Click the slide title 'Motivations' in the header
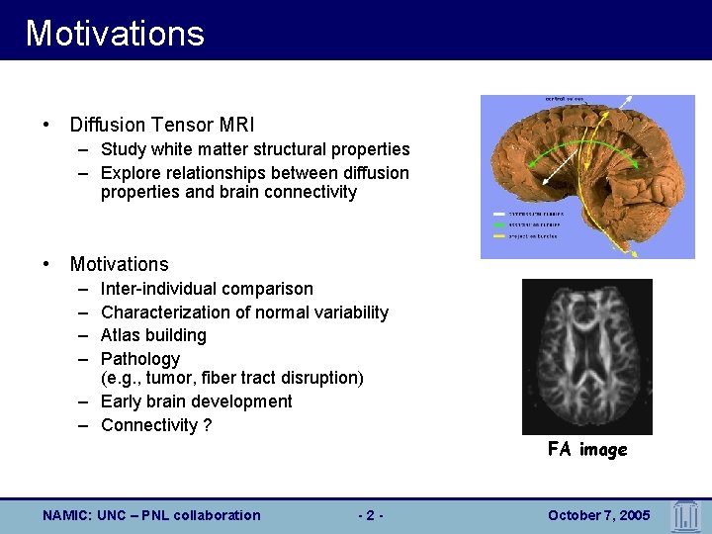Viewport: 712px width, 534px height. pos(115,33)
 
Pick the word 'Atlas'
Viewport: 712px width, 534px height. pos(122,335)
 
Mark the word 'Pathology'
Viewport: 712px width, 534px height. pos(140,359)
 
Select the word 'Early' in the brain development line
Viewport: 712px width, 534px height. pos(122,401)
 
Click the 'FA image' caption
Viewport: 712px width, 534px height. pos(587,450)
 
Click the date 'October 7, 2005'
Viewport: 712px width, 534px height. pos(599,515)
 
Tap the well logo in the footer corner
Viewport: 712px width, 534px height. pos(685,515)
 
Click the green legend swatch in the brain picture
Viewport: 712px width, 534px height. pos(499,224)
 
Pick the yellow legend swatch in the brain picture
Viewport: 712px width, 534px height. pos(499,236)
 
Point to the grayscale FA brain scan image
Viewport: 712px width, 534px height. pos(587,356)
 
